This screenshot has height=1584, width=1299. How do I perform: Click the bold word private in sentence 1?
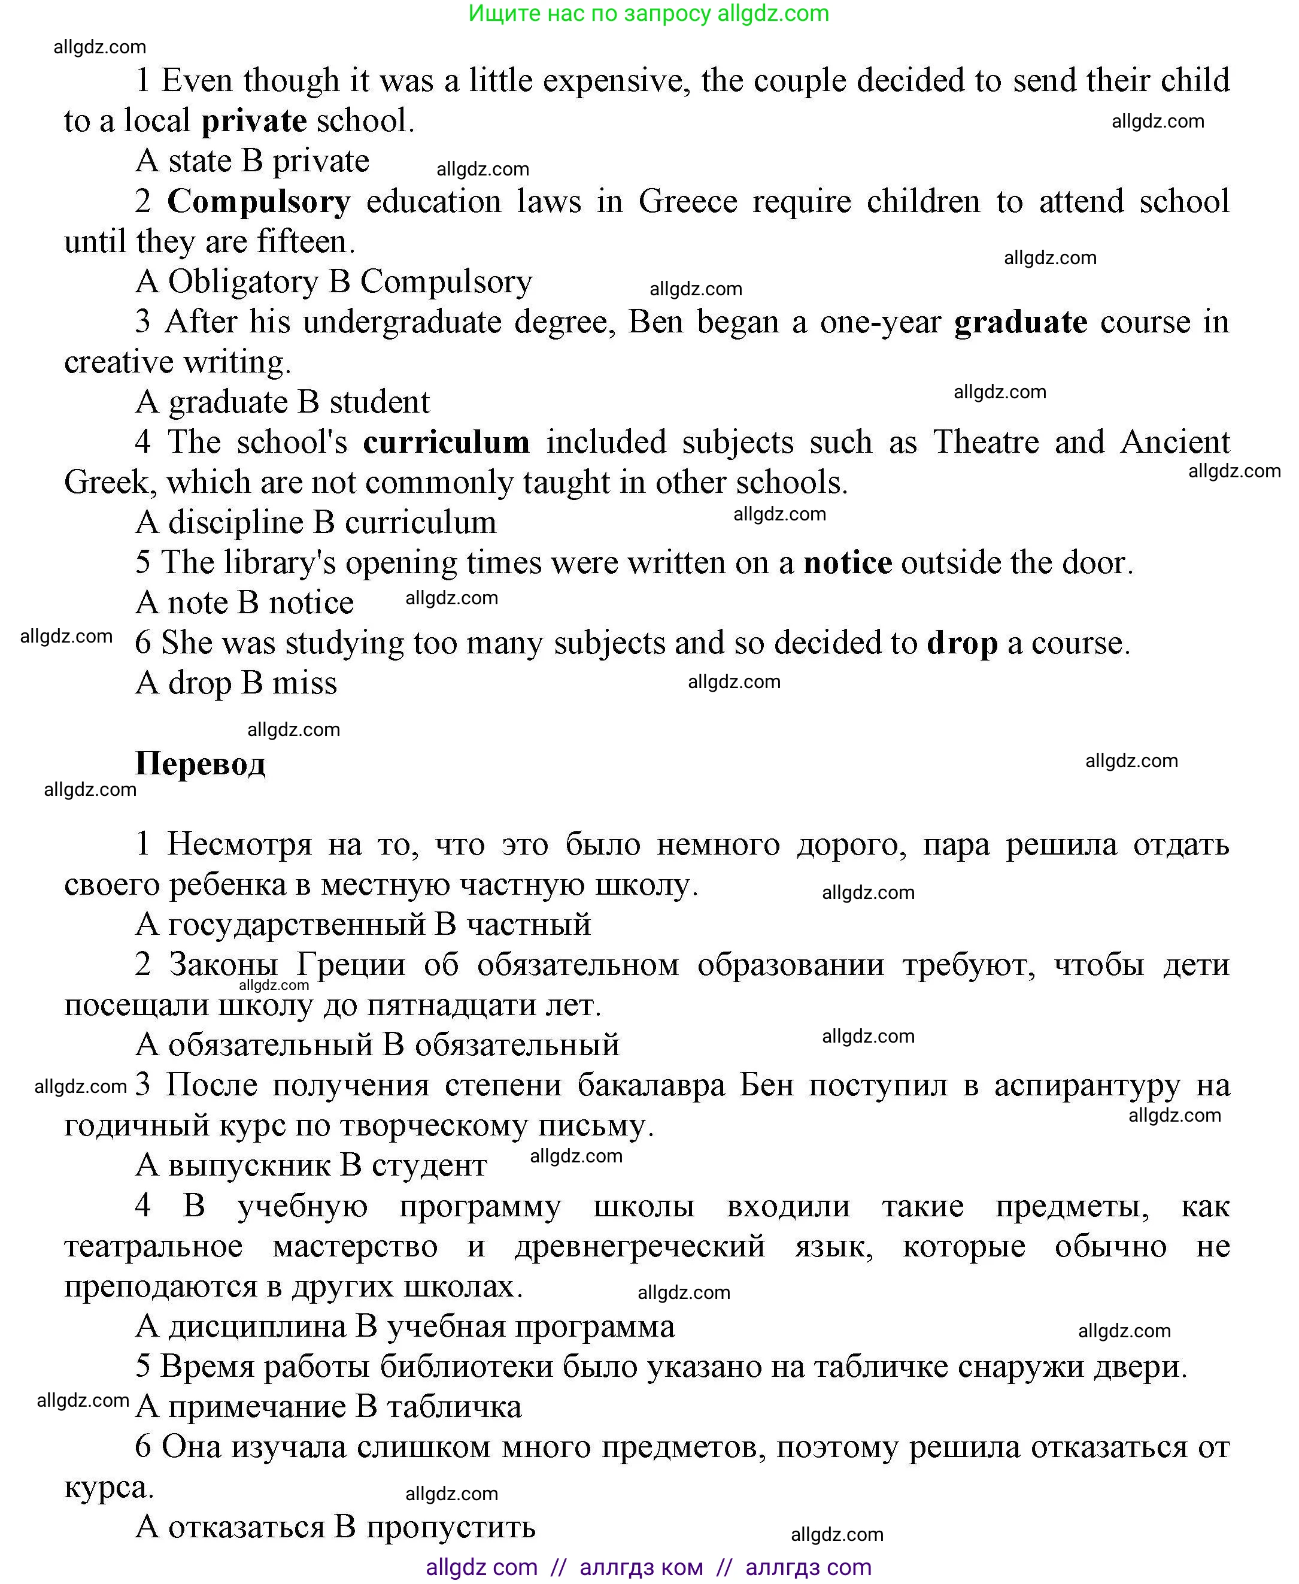(254, 120)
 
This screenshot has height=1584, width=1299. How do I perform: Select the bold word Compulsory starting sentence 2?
(258, 201)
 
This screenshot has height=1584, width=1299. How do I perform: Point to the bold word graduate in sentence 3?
(1020, 322)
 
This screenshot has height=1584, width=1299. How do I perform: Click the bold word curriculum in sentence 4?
(446, 443)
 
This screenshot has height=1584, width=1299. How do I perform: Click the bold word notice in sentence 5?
(847, 563)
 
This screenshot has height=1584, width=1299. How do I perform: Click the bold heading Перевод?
(200, 764)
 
